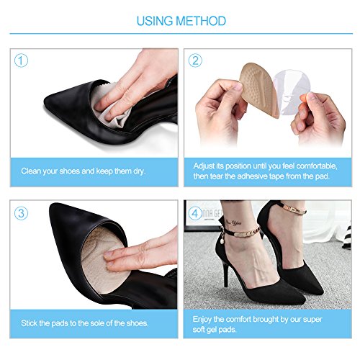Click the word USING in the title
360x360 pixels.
156,20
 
